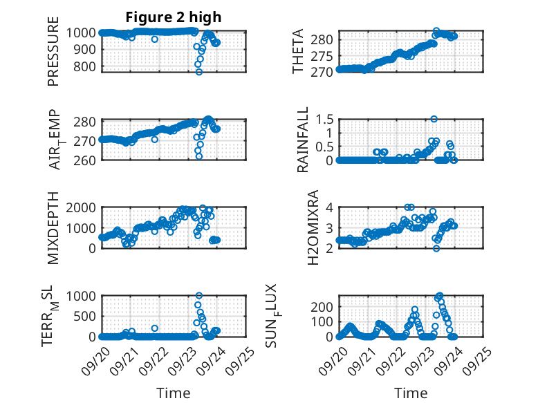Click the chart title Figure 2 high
pos(174,17)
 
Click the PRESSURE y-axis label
pos(54,56)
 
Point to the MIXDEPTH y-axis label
pos(54,229)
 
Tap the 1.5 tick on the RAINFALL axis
pos(326,119)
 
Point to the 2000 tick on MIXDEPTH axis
pos(83,207)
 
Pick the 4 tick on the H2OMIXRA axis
pos(331,207)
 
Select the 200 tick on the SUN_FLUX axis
pos(324,306)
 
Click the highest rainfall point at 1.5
pos(434,119)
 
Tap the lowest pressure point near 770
pos(199,72)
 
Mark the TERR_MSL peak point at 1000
pos(199,296)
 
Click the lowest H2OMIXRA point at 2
pos(436,248)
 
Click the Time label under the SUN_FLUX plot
pos(411,393)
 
